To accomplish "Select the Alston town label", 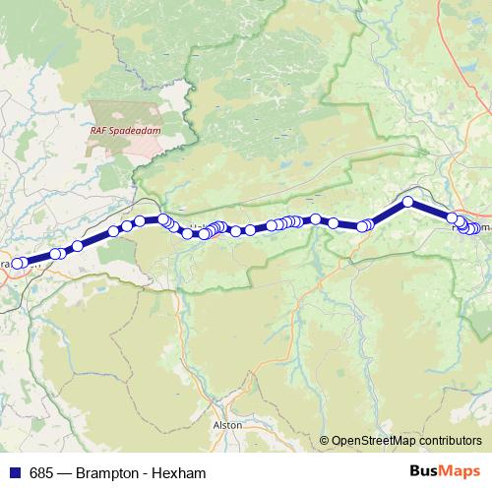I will tap(227, 424).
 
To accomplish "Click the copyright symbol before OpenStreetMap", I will tap(325, 441).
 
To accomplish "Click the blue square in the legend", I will tap(14, 473).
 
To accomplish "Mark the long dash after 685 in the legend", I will tap(63, 473).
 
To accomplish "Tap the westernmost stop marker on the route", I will tap(16, 264).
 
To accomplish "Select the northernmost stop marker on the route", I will tap(407, 203).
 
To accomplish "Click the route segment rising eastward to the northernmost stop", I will tap(388, 214).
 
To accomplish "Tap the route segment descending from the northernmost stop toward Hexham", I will tap(430, 211).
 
